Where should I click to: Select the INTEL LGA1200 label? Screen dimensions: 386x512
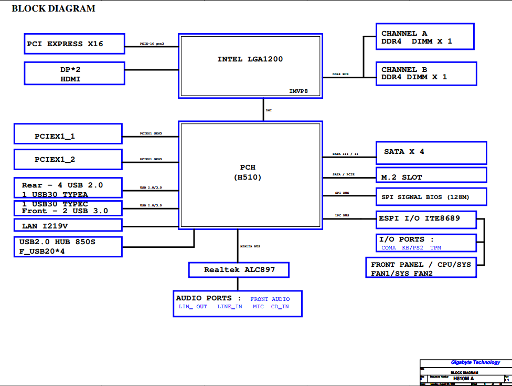pos(250,59)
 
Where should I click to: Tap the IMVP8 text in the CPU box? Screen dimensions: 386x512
pos(298,91)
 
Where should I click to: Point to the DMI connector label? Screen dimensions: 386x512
pos(269,111)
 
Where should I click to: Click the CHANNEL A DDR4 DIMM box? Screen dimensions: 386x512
pos(425,37)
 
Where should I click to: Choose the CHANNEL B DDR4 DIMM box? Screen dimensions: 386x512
pos(426,74)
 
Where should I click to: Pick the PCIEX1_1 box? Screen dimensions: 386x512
pos(68,134)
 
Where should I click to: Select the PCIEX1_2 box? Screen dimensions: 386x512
pos(68,159)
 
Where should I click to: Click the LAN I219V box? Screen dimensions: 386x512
pos(68,225)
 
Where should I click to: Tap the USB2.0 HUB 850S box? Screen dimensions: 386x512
pos(68,246)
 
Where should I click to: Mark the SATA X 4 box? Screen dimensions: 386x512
pos(431,152)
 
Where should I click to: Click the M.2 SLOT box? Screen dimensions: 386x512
pos(431,175)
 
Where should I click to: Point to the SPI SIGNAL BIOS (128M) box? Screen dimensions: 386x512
pos(431,197)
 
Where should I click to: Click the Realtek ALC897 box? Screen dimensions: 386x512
pos(239,270)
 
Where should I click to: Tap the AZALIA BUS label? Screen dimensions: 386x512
pos(250,246)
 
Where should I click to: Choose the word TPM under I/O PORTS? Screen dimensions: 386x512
pos(436,247)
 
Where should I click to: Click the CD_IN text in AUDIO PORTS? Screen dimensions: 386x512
pos(280,307)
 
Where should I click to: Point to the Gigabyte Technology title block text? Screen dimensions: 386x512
pos(475,362)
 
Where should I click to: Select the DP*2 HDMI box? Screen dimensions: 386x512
pos(74,74)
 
